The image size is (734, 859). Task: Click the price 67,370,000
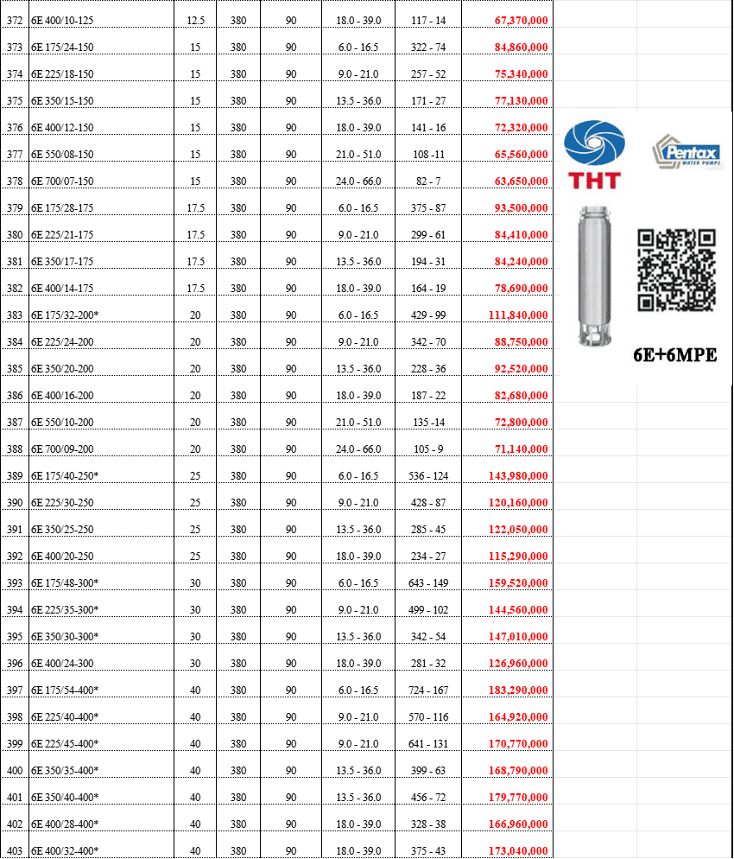pyautogui.click(x=521, y=20)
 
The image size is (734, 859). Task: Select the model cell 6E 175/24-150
pyautogui.click(x=62, y=48)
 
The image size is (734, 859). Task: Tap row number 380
pyautogui.click(x=15, y=235)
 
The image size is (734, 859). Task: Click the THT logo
pyautogui.click(x=594, y=155)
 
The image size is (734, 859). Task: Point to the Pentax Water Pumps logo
pyautogui.click(x=687, y=151)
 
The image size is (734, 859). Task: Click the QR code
pyautogui.click(x=676, y=270)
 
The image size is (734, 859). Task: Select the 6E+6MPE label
pyautogui.click(x=675, y=355)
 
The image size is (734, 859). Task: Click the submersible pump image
pyautogui.click(x=594, y=277)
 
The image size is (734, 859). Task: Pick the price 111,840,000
pyautogui.click(x=518, y=315)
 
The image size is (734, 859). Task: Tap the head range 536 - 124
pyautogui.click(x=428, y=476)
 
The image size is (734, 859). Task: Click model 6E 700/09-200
pyautogui.click(x=62, y=449)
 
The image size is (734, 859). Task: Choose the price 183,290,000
pyautogui.click(x=518, y=690)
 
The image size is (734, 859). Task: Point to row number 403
pyautogui.click(x=15, y=850)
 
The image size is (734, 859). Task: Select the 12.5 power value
pyautogui.click(x=195, y=20)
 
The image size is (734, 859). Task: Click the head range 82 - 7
pyautogui.click(x=428, y=181)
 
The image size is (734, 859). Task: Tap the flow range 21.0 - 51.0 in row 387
pyautogui.click(x=358, y=423)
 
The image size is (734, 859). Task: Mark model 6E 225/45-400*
pyautogui.click(x=65, y=744)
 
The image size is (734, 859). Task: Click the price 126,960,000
pyautogui.click(x=518, y=664)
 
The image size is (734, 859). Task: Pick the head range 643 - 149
pyautogui.click(x=428, y=582)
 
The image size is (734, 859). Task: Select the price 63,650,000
pyautogui.click(x=521, y=181)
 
